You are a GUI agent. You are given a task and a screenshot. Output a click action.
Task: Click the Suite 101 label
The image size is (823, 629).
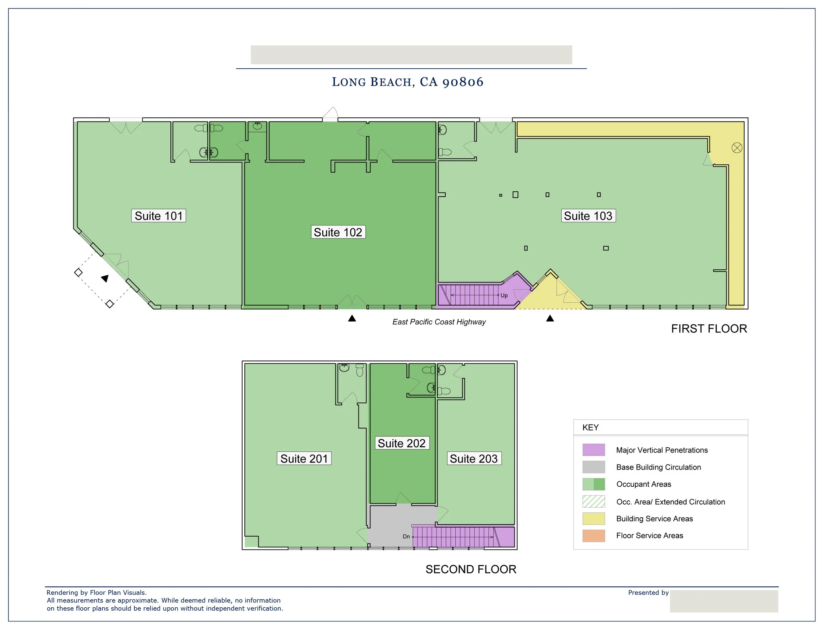[x=158, y=216]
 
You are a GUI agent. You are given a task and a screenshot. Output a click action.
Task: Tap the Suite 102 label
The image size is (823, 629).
[x=338, y=232]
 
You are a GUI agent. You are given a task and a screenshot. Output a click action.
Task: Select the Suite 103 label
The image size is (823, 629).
[x=588, y=216]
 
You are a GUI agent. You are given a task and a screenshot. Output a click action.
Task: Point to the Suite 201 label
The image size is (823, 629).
[x=304, y=459]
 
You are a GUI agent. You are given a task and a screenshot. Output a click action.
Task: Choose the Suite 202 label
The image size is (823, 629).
[x=401, y=443]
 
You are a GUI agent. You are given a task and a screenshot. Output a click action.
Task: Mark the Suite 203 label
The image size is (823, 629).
[x=474, y=459]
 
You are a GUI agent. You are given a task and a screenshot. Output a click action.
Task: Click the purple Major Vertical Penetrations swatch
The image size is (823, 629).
[x=594, y=450]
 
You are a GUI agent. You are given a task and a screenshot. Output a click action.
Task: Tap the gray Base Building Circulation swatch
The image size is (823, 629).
[x=594, y=467]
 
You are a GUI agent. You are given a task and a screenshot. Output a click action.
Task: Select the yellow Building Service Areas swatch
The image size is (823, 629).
[x=594, y=518]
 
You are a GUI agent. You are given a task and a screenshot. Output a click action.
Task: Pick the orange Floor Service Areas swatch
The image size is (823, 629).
[x=594, y=536]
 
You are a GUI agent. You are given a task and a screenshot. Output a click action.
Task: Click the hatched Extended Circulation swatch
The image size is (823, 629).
[x=594, y=502]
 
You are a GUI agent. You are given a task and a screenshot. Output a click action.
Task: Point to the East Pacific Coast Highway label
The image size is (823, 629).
[x=439, y=322]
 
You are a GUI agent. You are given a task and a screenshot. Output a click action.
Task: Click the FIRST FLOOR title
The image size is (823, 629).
[x=709, y=329]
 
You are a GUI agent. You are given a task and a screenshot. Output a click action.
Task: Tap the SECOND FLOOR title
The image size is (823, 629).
[x=471, y=570]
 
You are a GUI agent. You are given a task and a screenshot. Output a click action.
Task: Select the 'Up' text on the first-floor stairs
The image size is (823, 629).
[x=504, y=295]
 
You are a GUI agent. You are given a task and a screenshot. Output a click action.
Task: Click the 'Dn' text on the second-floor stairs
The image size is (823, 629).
[x=406, y=537]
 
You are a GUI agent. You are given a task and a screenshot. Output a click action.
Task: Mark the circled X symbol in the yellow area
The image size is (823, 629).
[x=737, y=148]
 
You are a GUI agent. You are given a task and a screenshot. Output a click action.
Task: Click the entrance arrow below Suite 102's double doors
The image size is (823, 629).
[x=352, y=318]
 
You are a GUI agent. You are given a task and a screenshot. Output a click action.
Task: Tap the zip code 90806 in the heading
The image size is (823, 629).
[x=463, y=82]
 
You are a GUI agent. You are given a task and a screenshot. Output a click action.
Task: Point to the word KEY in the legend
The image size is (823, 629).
[x=590, y=428]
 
